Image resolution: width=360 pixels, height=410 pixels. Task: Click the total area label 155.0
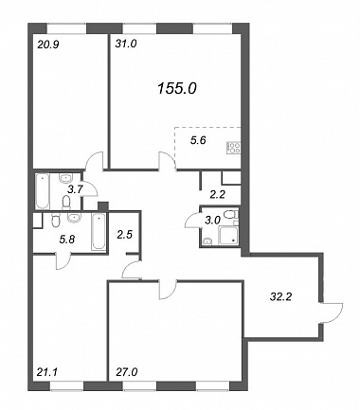click(x=177, y=89)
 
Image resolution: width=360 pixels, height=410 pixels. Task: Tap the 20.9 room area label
click(x=48, y=45)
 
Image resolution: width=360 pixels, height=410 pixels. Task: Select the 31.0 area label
click(x=125, y=44)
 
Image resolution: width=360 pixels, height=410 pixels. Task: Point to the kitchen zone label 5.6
click(x=198, y=140)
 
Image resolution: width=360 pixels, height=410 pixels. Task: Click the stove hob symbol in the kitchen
click(x=233, y=148)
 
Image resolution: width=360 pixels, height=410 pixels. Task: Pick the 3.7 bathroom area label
click(x=76, y=189)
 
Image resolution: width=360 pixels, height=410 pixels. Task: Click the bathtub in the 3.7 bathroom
click(x=43, y=191)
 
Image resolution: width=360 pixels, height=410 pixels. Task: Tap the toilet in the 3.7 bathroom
click(x=66, y=203)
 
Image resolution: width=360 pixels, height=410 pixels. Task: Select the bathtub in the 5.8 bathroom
click(x=99, y=232)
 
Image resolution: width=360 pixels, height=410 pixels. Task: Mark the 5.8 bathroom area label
click(x=67, y=241)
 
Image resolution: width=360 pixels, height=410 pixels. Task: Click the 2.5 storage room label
click(x=124, y=235)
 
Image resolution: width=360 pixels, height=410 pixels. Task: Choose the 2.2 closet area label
click(x=218, y=195)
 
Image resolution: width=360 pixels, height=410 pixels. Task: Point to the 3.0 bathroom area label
click(x=212, y=221)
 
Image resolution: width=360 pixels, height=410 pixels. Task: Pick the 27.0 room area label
click(x=126, y=372)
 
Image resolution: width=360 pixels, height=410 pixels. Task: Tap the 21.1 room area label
click(x=46, y=372)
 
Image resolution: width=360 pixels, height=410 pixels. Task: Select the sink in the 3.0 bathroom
click(x=207, y=241)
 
